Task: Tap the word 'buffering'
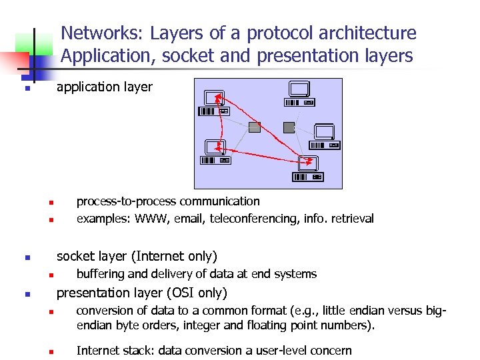[100, 274]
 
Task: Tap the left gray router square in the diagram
[254, 127]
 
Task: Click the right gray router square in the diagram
[289, 127]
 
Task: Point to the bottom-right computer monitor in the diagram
[307, 162]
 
